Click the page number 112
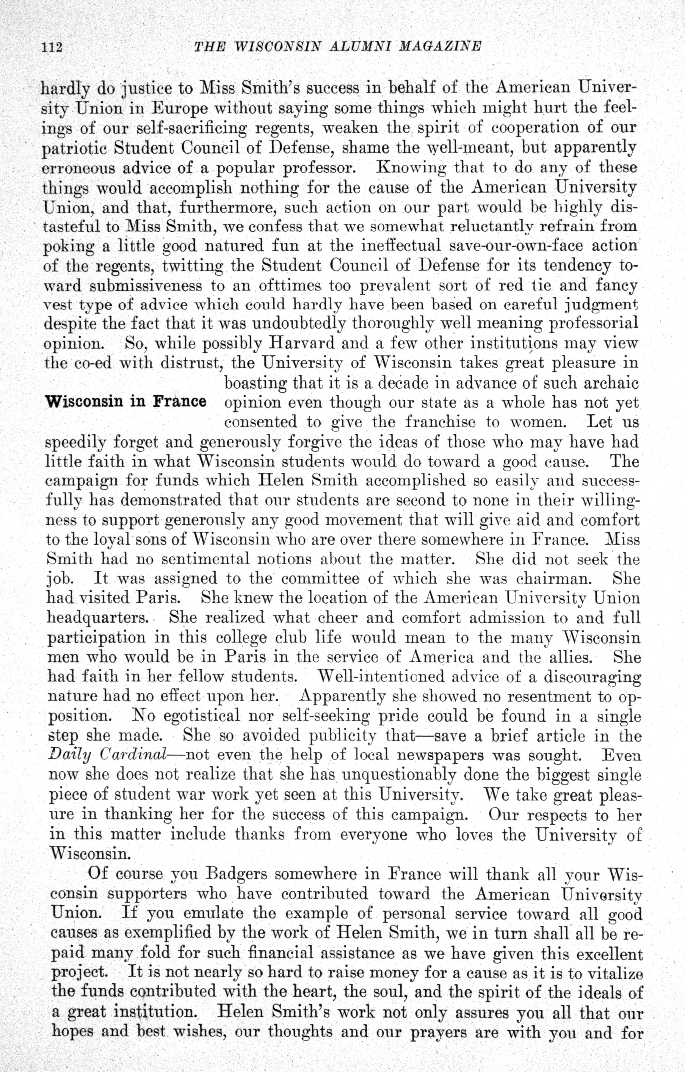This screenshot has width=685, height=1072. coord(51,47)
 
